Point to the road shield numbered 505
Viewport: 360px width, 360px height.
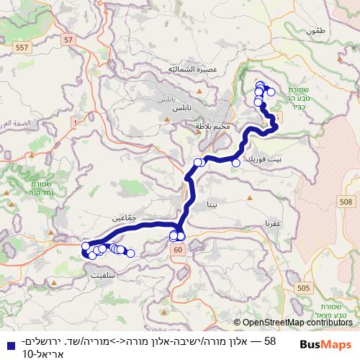(303, 288)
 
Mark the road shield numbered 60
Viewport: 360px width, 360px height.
(177, 249)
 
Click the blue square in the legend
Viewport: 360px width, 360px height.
(7, 341)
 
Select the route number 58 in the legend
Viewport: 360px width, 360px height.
(271, 340)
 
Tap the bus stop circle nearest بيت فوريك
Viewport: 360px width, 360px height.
(235, 163)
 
